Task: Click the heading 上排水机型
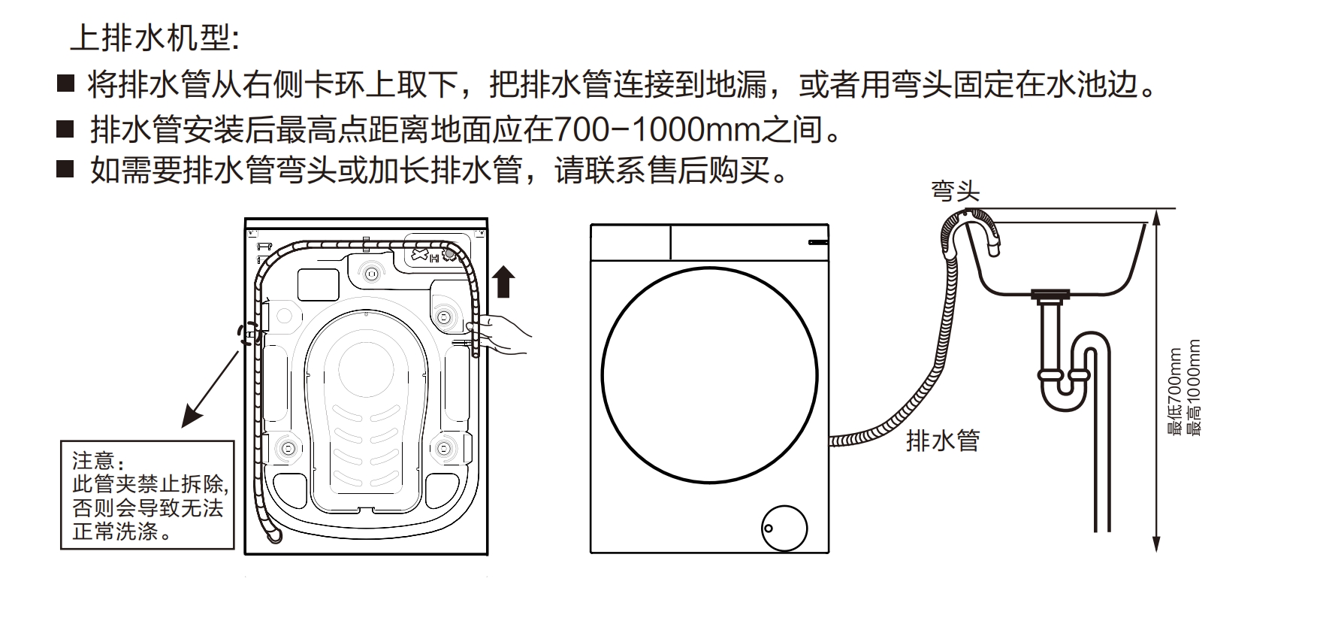(154, 38)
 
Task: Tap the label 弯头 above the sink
(955, 191)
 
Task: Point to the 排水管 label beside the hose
(943, 440)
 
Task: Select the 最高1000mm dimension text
(1192, 388)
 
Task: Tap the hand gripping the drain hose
(505, 335)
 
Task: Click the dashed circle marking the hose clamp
(249, 334)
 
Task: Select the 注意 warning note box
(147, 495)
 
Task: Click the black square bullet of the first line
(66, 83)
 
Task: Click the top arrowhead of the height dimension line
(1157, 218)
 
